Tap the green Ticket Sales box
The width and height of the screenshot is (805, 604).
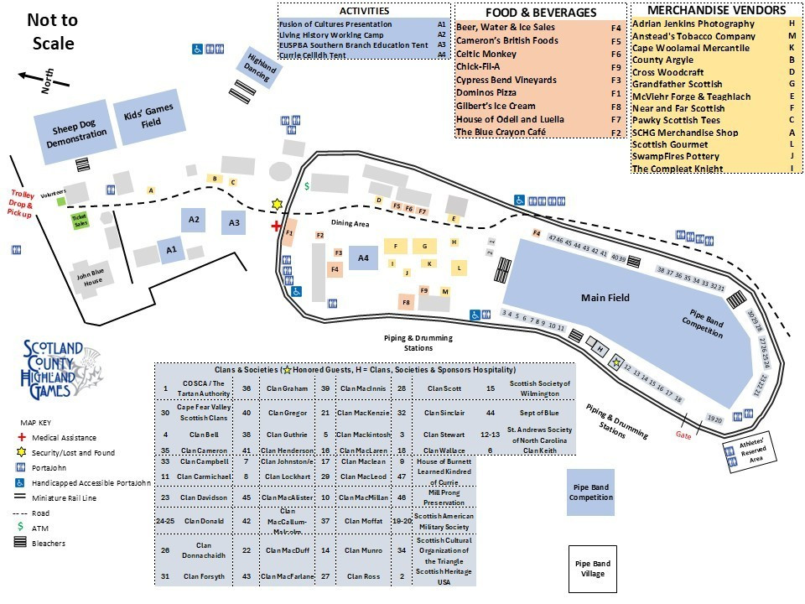[x=80, y=221]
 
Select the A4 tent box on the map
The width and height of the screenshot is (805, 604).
[x=364, y=258]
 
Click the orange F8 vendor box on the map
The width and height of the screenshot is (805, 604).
[x=407, y=302]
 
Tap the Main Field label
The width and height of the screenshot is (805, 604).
[x=605, y=298]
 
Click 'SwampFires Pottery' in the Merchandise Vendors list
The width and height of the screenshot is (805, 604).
[x=675, y=157]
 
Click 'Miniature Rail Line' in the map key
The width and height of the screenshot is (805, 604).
[x=65, y=497]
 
